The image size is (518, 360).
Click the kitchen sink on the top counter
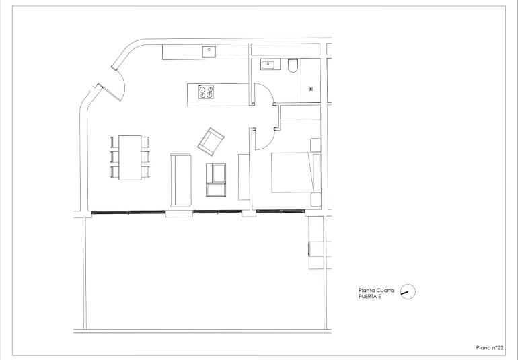click(x=209, y=50)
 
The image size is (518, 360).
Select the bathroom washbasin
click(x=270, y=65)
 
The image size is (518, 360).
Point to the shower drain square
click(x=311, y=89)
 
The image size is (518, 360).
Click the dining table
click(x=130, y=157)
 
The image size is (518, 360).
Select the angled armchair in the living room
click(x=211, y=139)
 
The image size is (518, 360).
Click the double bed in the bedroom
click(x=293, y=172)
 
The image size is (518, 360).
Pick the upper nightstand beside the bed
click(x=315, y=144)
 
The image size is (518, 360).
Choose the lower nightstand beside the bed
click(x=316, y=199)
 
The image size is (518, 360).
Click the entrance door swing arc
click(x=120, y=79)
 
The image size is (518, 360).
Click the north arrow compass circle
click(x=407, y=291)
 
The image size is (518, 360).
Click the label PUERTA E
click(x=370, y=295)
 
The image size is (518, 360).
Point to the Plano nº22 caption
click(x=488, y=347)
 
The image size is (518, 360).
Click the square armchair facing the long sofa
click(x=217, y=179)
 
